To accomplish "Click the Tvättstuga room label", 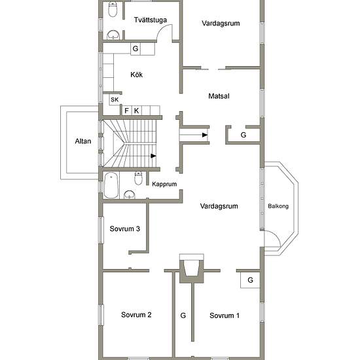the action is [x=151, y=20].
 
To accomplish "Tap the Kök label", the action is [x=136, y=75].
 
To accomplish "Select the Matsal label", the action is [x=219, y=96].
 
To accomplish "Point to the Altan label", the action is [x=83, y=141].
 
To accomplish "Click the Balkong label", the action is [x=278, y=206].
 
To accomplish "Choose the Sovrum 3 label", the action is [x=124, y=228].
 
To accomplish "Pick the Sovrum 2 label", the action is [x=136, y=315].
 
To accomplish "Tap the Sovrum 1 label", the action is [x=225, y=315].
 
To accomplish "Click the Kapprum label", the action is [x=164, y=184].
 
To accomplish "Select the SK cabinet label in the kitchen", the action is [x=115, y=99].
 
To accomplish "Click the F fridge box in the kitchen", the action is [x=126, y=111].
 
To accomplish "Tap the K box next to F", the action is [x=137, y=111].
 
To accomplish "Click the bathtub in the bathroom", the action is [x=111, y=185].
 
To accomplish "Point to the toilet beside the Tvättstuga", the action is [x=113, y=10].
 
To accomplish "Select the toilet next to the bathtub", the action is [x=138, y=178].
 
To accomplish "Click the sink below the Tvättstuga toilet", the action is [x=113, y=35].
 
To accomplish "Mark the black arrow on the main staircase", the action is [x=153, y=156].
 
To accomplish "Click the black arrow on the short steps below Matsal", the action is [x=205, y=135].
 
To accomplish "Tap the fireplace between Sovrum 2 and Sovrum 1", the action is [x=192, y=268].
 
